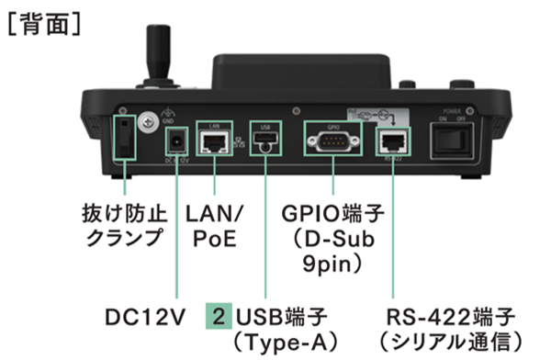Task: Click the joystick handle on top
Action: click(159, 52)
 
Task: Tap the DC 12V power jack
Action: click(176, 142)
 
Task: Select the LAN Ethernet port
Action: click(214, 141)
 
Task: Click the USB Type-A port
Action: click(265, 138)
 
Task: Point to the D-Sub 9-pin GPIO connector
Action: click(333, 141)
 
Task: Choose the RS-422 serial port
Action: click(393, 141)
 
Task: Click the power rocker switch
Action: click(453, 141)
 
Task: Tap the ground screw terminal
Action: click(148, 122)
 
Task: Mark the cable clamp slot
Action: click(125, 138)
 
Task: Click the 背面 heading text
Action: click(45, 24)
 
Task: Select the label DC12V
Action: click(145, 317)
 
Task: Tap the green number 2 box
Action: click(219, 316)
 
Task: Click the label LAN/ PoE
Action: click(214, 226)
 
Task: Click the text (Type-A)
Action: click(285, 342)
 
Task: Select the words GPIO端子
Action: click(332, 213)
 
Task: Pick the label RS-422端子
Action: click(451, 317)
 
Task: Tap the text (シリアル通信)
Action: click(451, 342)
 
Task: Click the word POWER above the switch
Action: click(452, 111)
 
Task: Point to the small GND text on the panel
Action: click(168, 121)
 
